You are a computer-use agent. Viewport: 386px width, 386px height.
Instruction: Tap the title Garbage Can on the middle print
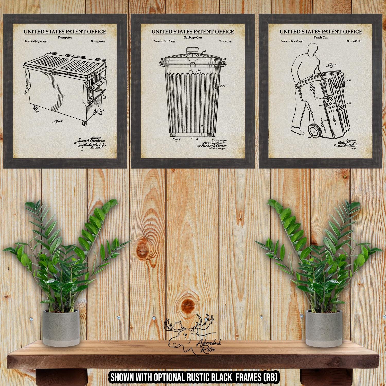point(192,37)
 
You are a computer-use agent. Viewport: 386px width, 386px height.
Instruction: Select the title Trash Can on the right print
point(321,37)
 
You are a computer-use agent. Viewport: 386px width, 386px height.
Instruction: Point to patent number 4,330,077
point(98,41)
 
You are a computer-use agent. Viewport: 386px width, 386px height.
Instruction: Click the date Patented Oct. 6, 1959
point(164,41)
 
